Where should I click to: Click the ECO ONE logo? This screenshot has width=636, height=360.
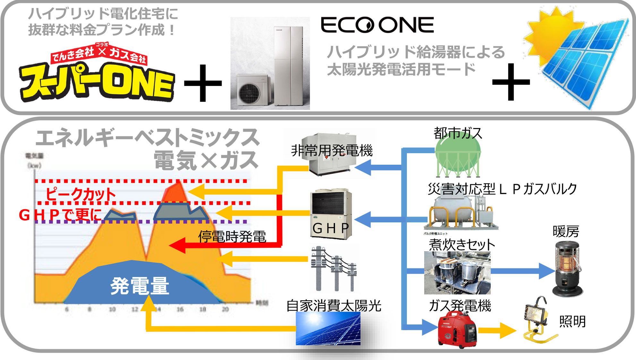[x=377, y=25]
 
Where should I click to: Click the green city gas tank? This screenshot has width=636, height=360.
[x=458, y=159]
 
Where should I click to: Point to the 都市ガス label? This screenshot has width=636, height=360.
[x=458, y=133]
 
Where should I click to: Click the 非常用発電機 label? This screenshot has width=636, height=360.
[x=331, y=150]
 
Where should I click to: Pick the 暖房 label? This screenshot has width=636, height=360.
[x=566, y=232]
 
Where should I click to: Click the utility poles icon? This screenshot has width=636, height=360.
[x=334, y=268]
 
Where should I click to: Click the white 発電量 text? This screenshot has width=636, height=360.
[x=140, y=286]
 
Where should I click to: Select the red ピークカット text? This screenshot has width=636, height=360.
[x=80, y=194]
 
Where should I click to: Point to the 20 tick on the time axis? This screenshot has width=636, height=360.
[x=225, y=309]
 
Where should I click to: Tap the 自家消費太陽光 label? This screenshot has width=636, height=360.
[x=334, y=306]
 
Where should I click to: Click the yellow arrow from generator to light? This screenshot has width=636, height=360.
[x=497, y=330]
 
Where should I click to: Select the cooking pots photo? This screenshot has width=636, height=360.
[x=457, y=273]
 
